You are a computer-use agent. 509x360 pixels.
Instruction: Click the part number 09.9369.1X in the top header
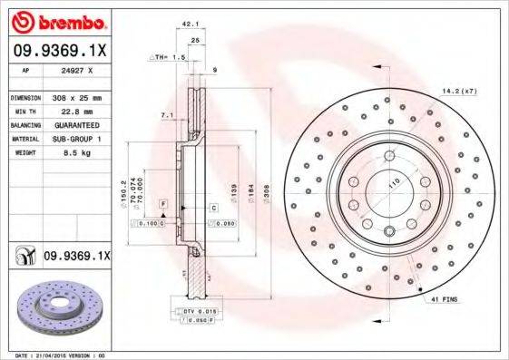pyautogui.click(x=58, y=51)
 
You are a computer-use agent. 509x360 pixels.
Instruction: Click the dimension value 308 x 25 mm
pyautogui.click(x=77, y=96)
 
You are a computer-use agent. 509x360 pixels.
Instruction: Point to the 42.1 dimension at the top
pyautogui.click(x=190, y=26)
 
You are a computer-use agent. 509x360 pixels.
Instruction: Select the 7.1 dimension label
pyautogui.click(x=166, y=116)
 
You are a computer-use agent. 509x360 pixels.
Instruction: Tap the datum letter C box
pyautogui.click(x=214, y=208)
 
